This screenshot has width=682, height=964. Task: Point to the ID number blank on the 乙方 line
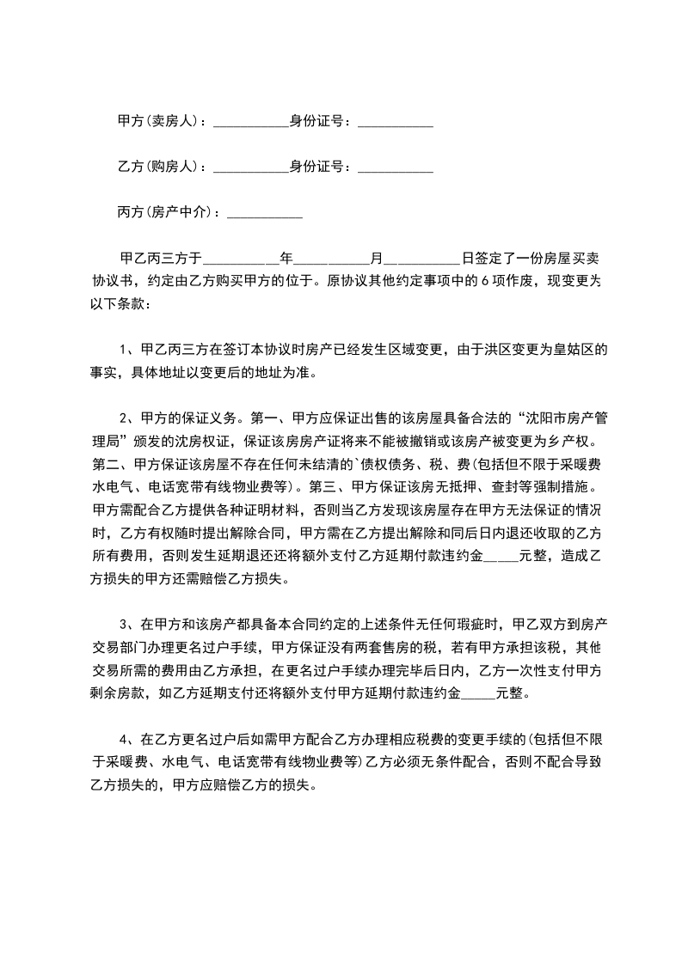pos(395,168)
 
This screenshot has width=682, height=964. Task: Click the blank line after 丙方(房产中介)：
pos(263,213)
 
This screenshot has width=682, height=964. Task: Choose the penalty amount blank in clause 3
pos(478,692)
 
